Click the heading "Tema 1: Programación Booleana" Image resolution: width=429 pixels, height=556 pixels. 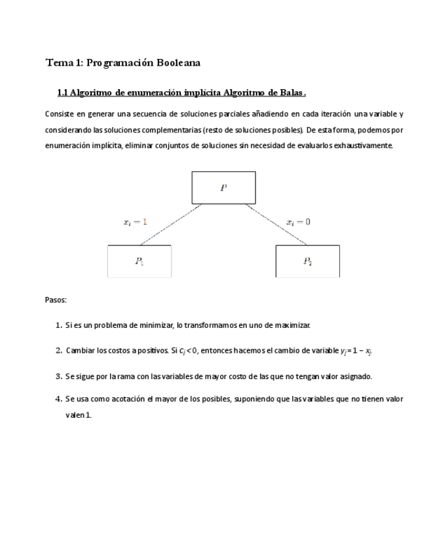(x=122, y=63)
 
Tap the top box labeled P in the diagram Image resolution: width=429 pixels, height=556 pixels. (x=223, y=188)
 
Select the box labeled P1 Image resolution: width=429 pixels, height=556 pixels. (x=139, y=261)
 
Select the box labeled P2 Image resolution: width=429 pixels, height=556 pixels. (x=307, y=261)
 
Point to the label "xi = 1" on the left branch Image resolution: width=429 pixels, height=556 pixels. (x=135, y=222)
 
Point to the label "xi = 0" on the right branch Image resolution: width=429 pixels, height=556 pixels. (x=299, y=222)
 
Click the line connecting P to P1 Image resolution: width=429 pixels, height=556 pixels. (x=170, y=225)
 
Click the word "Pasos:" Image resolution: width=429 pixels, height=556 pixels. (x=56, y=300)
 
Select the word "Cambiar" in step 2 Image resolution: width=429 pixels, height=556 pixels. (x=80, y=351)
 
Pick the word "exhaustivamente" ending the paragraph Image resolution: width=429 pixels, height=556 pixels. (x=363, y=145)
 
